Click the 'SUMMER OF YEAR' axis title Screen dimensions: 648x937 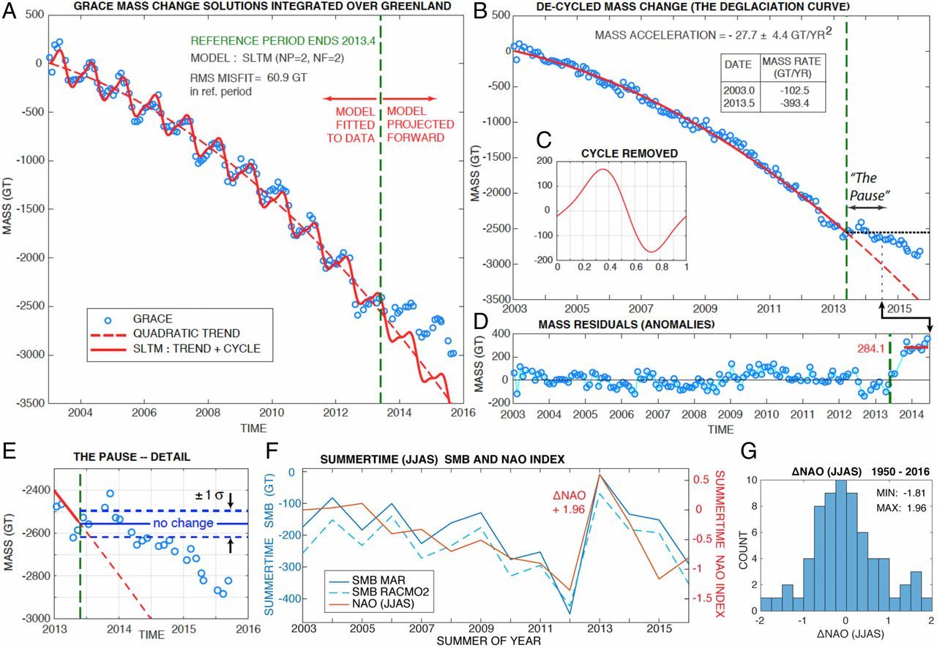(x=495, y=641)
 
